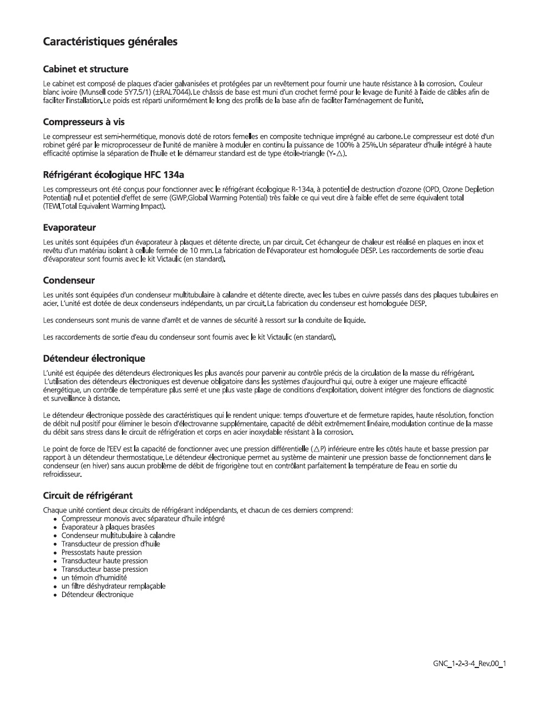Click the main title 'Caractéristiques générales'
110,42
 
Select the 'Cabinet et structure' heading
85,69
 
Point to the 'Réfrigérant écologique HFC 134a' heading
113,175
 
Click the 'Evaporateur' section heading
69,228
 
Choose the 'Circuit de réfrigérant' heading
88,495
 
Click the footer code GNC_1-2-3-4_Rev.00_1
470,664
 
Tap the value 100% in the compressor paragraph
345,145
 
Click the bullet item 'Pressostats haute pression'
101,552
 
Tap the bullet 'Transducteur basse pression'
104,569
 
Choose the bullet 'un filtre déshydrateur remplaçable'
113,586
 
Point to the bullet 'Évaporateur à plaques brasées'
108,527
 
